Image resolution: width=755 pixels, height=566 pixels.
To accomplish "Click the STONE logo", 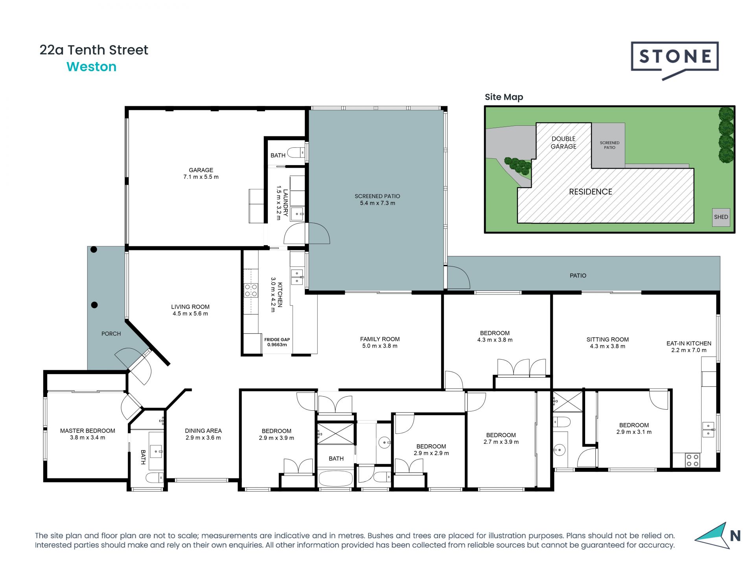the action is (x=675, y=59).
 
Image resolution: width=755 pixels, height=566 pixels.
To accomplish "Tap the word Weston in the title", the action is (x=92, y=67).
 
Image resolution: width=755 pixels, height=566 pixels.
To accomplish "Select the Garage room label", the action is (x=201, y=173).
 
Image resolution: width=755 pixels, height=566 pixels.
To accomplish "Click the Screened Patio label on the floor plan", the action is (x=377, y=200).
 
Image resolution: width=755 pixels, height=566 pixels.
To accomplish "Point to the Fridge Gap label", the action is (x=277, y=342).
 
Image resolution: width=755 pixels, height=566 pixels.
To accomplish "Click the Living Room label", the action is (x=190, y=310).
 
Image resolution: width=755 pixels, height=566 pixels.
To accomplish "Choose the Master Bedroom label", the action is (x=88, y=434).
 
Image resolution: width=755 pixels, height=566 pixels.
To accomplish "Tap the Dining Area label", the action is (x=203, y=434).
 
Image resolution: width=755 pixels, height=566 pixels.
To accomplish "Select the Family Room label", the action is (x=380, y=342).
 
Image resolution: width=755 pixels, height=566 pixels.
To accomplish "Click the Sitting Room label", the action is (x=608, y=343).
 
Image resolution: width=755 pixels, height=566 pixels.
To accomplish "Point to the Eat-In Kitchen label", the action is (x=689, y=347).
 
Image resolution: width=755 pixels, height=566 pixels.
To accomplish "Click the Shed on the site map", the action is (x=721, y=217).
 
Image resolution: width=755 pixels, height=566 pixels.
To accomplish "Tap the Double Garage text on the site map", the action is (x=563, y=143).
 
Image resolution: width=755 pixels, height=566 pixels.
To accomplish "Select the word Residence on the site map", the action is (x=591, y=192).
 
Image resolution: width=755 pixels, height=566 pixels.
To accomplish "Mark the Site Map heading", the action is (x=504, y=97).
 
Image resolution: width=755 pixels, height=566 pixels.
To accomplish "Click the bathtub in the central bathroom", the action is (x=336, y=478).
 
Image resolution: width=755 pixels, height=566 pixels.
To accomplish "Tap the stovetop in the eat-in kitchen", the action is (x=692, y=460).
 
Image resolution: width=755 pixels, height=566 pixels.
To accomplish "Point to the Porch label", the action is (x=111, y=334).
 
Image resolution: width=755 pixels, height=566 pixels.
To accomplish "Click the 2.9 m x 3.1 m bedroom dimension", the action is (x=634, y=432).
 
